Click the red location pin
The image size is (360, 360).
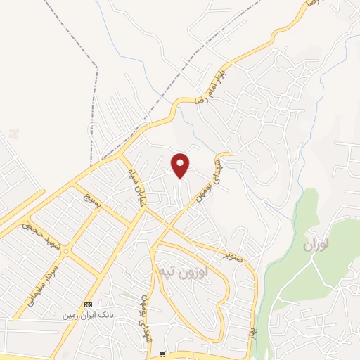pos(181,165)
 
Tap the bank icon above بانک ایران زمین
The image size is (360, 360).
pos(87,304)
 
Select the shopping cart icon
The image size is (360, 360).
pos(162,354)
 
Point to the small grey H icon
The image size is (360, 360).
pos(14,132)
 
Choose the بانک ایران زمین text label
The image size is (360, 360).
pos(88,316)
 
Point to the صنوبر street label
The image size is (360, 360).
pos(234,253)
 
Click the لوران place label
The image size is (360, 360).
pos(316,245)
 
